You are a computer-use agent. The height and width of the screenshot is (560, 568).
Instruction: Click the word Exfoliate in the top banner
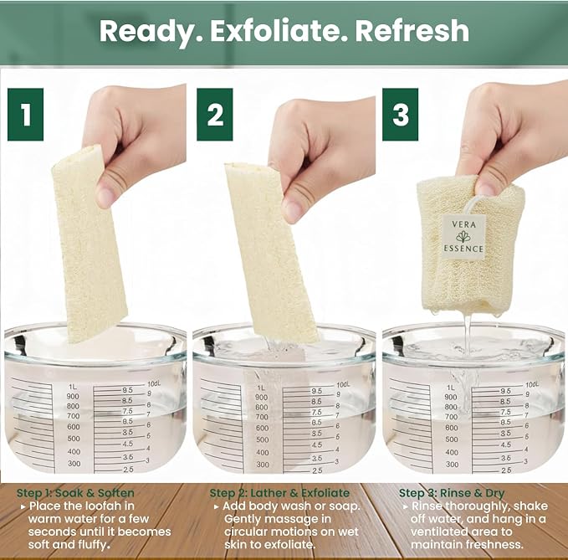tap(274, 31)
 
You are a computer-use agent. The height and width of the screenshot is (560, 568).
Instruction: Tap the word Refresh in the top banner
tap(412, 31)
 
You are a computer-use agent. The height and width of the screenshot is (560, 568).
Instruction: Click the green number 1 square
tap(25, 115)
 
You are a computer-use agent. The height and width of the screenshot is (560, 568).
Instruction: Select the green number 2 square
tap(215, 115)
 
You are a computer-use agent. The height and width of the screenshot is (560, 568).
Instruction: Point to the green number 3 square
tap(401, 115)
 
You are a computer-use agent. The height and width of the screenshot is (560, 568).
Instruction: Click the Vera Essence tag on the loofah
tap(463, 236)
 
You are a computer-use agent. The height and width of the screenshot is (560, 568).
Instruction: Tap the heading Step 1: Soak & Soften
tap(75, 493)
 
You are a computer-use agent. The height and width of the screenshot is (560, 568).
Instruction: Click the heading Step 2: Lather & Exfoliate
tap(279, 493)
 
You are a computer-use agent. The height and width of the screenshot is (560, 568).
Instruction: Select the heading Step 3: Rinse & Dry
tap(452, 493)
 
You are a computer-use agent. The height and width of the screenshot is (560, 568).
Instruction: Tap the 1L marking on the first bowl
tap(73, 387)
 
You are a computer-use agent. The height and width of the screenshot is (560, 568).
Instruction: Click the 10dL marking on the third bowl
tap(532, 384)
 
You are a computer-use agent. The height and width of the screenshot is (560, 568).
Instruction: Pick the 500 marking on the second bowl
tap(263, 439)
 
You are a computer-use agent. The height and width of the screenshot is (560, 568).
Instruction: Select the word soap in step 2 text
tap(344, 506)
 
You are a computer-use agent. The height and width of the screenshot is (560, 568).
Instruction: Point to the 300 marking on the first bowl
tap(74, 464)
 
